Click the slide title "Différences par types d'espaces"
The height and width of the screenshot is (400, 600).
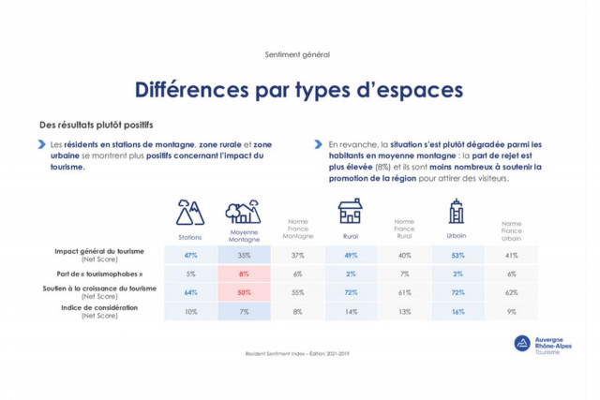click(298, 91)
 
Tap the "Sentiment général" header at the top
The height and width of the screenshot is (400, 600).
click(298, 54)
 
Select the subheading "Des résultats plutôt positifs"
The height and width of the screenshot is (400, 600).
click(96, 125)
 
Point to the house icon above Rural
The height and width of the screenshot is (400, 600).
click(350, 211)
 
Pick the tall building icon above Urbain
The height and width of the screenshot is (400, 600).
click(457, 211)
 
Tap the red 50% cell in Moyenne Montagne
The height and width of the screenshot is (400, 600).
click(244, 292)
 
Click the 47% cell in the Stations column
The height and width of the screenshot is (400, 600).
click(190, 255)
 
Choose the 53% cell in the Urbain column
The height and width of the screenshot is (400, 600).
click(457, 255)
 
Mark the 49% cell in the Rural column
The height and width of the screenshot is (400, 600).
click(351, 255)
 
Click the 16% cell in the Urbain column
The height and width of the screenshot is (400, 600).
click(457, 311)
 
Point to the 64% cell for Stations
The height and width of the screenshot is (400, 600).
click(190, 292)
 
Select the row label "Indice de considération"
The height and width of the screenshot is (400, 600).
click(99, 307)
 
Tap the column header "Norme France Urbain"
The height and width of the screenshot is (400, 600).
click(511, 230)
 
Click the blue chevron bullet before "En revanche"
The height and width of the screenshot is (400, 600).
click(320, 145)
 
